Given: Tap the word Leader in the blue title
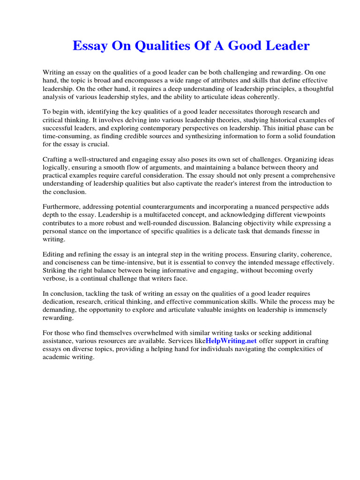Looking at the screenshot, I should coord(286,46).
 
